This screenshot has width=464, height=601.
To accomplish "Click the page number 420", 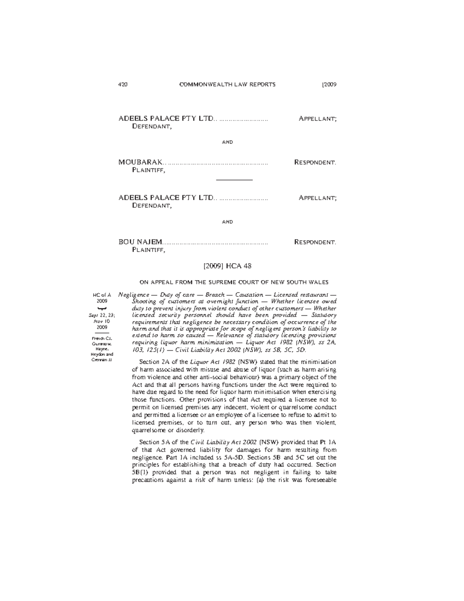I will point(123,85).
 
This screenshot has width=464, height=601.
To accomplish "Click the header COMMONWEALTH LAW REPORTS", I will point(227,85).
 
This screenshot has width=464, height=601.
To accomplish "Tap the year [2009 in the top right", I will point(329,85).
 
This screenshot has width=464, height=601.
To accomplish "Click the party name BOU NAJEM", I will point(140,242).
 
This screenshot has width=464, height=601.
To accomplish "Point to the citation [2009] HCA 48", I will point(227,266).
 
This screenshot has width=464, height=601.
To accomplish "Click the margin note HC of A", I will point(102,295).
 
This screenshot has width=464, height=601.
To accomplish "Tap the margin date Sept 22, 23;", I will point(102,315).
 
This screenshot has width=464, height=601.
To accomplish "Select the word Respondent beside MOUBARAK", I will point(315,162).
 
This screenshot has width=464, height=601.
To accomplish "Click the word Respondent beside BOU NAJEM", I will point(315,242).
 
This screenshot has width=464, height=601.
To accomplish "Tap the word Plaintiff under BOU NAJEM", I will point(149,250).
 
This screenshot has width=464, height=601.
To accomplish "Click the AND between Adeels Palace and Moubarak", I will point(227,142).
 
